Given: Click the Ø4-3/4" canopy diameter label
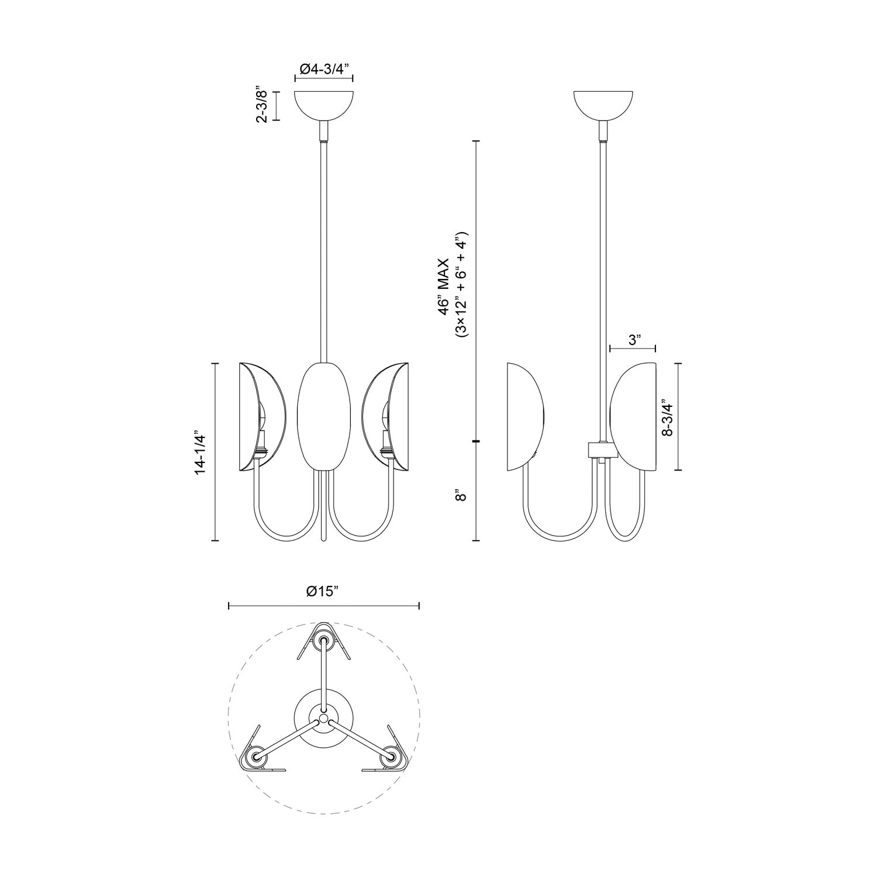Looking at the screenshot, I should [x=324, y=69].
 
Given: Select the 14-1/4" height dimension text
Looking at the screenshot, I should [x=201, y=453].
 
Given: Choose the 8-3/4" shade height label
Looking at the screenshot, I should [x=666, y=417].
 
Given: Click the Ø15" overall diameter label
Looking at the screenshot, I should [x=323, y=591].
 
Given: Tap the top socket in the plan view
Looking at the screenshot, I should [x=323, y=641].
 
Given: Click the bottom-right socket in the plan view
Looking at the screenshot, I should [x=391, y=758].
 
